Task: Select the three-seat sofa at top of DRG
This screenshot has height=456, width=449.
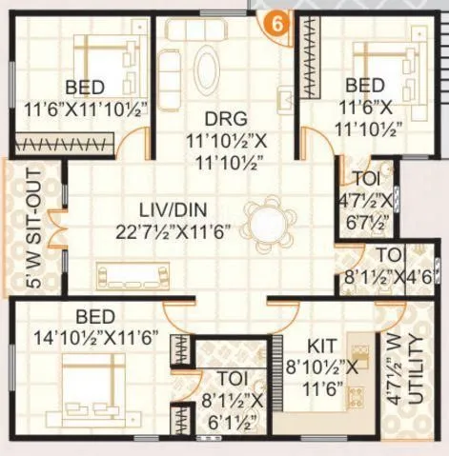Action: [x=199, y=30]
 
